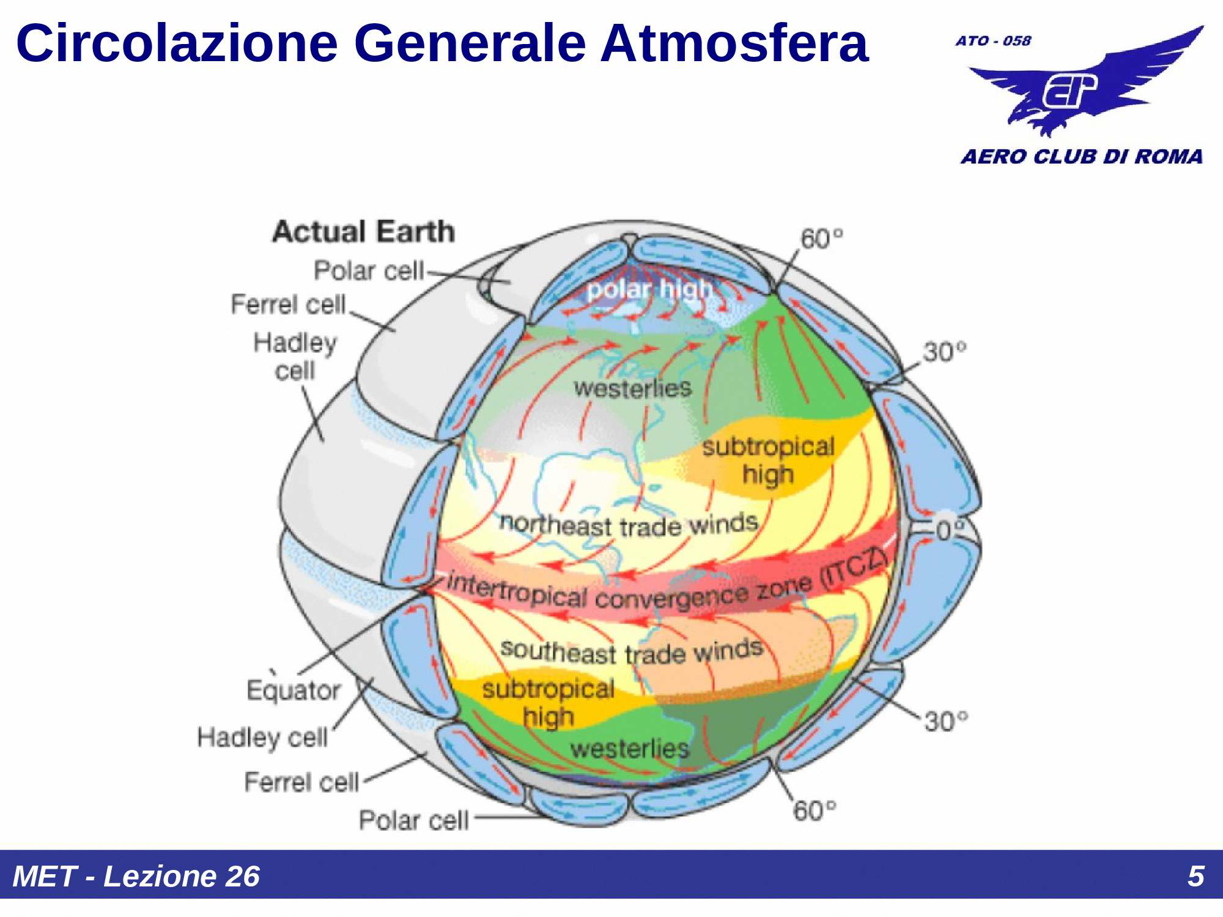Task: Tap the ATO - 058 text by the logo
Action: (993, 41)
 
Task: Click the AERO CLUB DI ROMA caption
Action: (1082, 157)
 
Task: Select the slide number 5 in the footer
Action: (1195, 876)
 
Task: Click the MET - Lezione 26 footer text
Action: (136, 876)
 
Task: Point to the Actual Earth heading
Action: (364, 232)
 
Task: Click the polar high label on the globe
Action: (650, 289)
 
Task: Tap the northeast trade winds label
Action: (629, 525)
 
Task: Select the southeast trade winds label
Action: (632, 652)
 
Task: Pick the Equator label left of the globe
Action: (294, 690)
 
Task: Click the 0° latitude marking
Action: (950, 530)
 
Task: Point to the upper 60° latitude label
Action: (822, 238)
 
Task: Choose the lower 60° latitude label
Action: (815, 811)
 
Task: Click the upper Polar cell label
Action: (369, 270)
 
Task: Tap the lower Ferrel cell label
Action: (301, 782)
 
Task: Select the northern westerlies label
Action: (632, 388)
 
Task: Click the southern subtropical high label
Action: (548, 703)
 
